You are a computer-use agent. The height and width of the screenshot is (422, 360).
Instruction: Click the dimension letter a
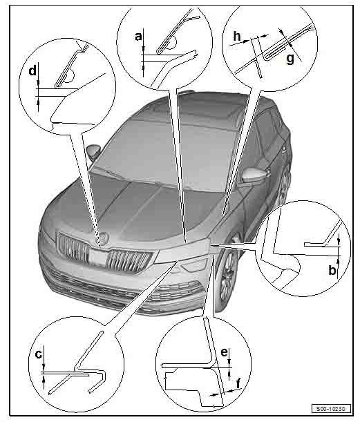tap(138, 36)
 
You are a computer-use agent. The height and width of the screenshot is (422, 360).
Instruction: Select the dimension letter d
tap(32, 70)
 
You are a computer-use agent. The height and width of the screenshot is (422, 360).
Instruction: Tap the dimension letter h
tap(237, 36)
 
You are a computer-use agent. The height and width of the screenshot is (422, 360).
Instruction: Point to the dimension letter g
tap(290, 59)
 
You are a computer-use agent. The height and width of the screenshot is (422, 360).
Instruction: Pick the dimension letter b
tap(332, 270)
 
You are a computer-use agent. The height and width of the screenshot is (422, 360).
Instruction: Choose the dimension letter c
tap(39, 355)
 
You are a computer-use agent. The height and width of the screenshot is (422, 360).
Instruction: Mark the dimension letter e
tap(224, 352)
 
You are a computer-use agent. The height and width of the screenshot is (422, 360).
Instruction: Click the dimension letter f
tap(238, 383)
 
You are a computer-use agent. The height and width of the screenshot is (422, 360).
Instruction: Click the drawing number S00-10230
tap(332, 409)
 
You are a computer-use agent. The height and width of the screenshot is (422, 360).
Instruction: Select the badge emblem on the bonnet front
tap(104, 238)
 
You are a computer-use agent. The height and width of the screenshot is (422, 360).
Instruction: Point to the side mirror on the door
tap(254, 175)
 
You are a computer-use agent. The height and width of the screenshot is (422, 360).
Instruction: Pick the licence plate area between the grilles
tap(97, 258)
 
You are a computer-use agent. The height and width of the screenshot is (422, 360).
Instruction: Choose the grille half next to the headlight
tap(129, 260)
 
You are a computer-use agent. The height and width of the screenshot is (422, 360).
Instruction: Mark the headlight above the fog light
tap(182, 251)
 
